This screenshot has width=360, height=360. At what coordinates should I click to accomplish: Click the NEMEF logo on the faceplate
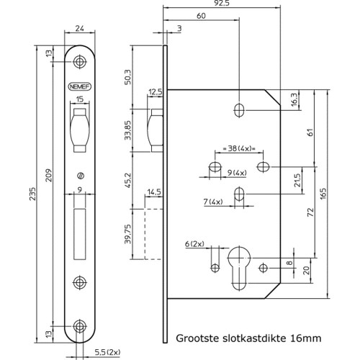80,86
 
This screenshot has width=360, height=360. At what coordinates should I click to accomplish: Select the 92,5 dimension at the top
222,3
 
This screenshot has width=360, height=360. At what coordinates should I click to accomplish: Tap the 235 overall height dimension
32,194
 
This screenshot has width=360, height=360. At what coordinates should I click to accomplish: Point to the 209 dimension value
49,175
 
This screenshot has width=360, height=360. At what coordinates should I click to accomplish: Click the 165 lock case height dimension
323,194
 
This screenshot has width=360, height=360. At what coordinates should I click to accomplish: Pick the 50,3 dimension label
128,77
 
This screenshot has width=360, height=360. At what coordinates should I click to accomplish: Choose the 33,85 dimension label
128,130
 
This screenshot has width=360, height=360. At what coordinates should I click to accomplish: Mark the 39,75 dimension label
128,234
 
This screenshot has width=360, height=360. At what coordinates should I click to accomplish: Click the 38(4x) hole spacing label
239,148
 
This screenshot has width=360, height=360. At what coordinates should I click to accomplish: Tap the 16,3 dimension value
294,99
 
